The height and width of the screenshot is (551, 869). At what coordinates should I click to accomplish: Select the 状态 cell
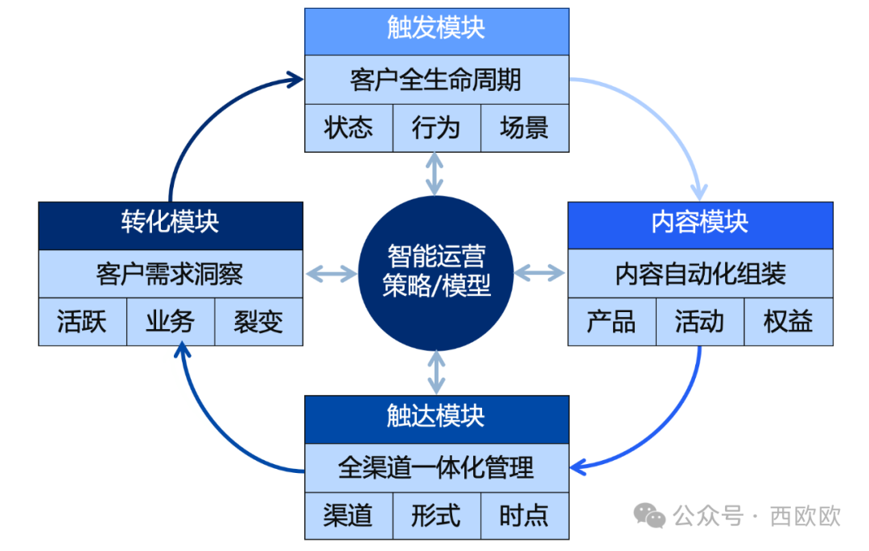coord(348,128)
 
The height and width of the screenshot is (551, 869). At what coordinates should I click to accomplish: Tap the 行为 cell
coord(436,128)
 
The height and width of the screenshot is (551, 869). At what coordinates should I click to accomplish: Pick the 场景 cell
coord(524,128)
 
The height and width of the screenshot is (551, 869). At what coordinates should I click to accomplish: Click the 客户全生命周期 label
coord(436,80)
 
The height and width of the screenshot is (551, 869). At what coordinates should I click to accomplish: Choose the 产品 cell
coord(612,322)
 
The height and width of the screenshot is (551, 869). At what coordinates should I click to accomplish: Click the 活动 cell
coord(699,322)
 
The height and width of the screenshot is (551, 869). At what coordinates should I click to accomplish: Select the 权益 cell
coord(788,322)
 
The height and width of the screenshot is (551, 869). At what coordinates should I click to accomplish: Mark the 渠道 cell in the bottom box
coord(348,516)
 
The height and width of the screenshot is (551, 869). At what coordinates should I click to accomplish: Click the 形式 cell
coord(436,516)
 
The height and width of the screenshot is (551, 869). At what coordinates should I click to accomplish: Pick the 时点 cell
coord(524,516)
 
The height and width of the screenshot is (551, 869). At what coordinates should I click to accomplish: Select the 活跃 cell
coord(82,322)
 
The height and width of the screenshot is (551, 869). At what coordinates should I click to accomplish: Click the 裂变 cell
coord(258,322)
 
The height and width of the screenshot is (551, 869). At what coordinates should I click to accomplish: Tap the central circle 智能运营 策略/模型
coord(436,273)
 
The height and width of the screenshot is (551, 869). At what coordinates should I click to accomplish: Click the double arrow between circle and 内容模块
coord(540,273)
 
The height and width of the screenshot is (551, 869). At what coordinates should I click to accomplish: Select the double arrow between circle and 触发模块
coord(435,173)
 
